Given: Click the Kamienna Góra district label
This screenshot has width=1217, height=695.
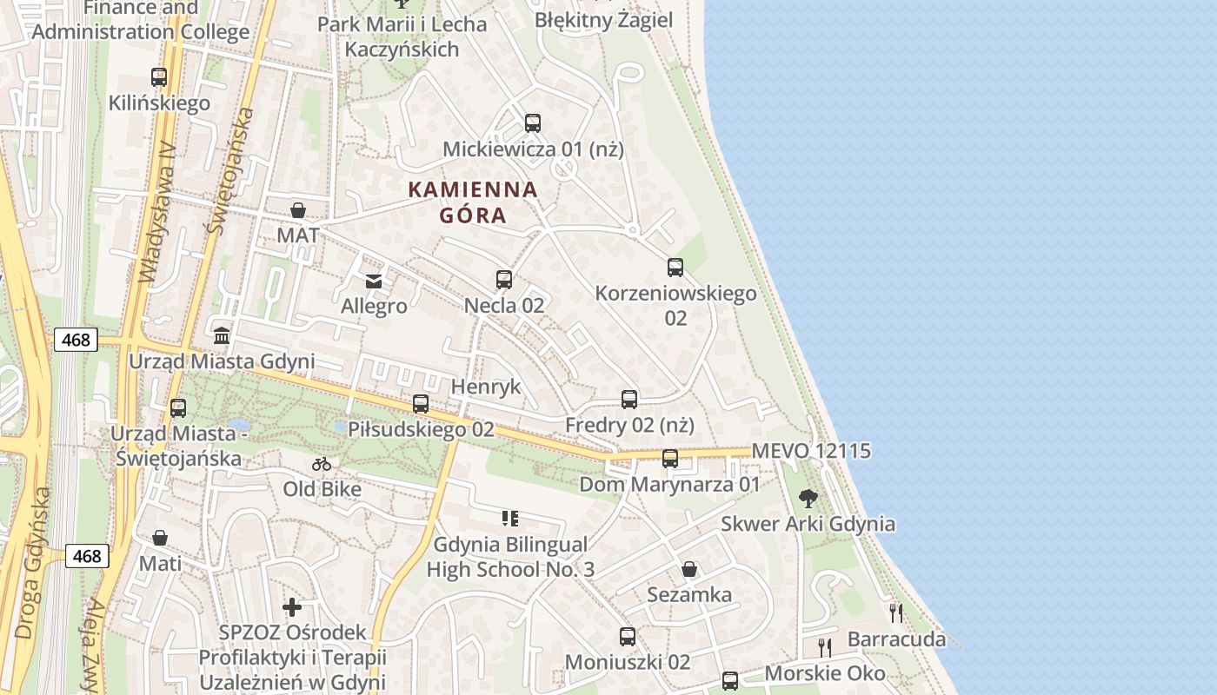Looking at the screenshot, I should [473, 202].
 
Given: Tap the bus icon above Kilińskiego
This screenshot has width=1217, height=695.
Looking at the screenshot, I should [158, 77].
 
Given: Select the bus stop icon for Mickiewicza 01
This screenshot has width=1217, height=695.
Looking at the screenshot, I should [533, 123].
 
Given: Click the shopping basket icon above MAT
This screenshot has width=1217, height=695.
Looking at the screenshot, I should [297, 210].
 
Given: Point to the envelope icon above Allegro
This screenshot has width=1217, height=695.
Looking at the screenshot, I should [374, 281].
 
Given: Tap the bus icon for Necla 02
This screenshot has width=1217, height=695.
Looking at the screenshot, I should [504, 280].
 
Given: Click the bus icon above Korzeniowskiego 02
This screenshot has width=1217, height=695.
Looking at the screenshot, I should [675, 268].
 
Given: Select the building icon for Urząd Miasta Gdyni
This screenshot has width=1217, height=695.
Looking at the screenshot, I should [222, 335].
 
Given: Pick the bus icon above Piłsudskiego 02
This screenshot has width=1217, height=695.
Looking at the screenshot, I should [421, 404].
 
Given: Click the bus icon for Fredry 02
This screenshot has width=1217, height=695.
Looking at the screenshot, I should [629, 400].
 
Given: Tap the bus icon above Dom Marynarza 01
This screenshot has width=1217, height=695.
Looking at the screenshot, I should [670, 459].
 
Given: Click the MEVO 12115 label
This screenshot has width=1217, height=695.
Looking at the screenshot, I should [811, 451].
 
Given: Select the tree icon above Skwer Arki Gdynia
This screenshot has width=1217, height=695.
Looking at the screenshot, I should [808, 498].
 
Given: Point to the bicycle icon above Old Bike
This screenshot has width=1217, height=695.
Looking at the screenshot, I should [322, 464].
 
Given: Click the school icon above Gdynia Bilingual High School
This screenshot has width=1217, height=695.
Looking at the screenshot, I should [510, 519].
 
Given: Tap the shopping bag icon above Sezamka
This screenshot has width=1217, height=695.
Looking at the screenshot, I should [689, 569].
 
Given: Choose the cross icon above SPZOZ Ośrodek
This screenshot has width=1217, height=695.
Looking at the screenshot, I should [292, 606].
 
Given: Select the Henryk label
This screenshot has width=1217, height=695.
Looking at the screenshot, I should [486, 387].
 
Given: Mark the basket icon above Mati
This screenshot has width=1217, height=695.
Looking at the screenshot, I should [160, 539].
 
